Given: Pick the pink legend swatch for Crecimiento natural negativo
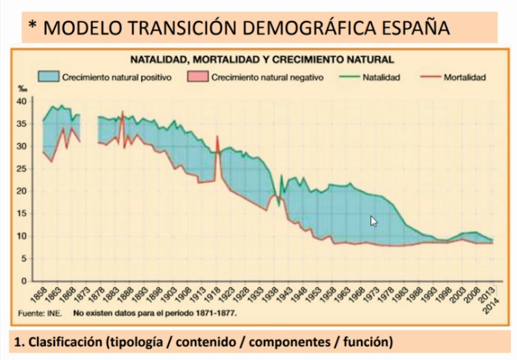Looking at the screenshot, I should click(x=198, y=77).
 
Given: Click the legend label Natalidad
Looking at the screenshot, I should click(x=382, y=78).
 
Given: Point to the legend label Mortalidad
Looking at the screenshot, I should click(x=464, y=78).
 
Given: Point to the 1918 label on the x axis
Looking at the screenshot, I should click(x=218, y=295).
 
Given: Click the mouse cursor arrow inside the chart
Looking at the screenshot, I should click(x=373, y=221).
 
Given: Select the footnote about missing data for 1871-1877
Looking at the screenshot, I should click(x=154, y=314).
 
